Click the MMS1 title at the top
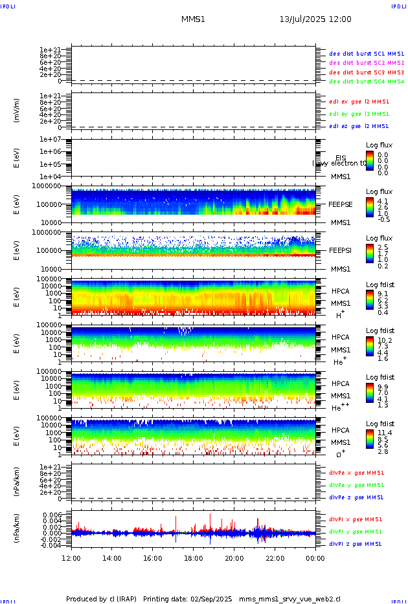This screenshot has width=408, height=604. point(193,19)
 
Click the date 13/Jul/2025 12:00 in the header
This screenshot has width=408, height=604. point(315,19)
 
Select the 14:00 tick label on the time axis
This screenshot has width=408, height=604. point(112,558)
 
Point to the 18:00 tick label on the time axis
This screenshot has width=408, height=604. point(194,558)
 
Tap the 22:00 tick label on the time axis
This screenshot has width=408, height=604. point(275,558)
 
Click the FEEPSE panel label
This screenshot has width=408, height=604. point(341,204)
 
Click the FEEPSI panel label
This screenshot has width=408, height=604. point(341,250)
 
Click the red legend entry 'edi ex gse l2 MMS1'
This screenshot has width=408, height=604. point(359,102)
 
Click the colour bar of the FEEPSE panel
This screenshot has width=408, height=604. point(369,206)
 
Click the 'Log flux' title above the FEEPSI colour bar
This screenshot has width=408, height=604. point(379,238)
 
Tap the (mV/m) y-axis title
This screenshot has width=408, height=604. point(18,111)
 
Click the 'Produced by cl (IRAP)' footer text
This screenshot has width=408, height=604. point(101,599)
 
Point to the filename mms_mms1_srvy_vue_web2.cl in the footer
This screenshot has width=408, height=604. point(289,599)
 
